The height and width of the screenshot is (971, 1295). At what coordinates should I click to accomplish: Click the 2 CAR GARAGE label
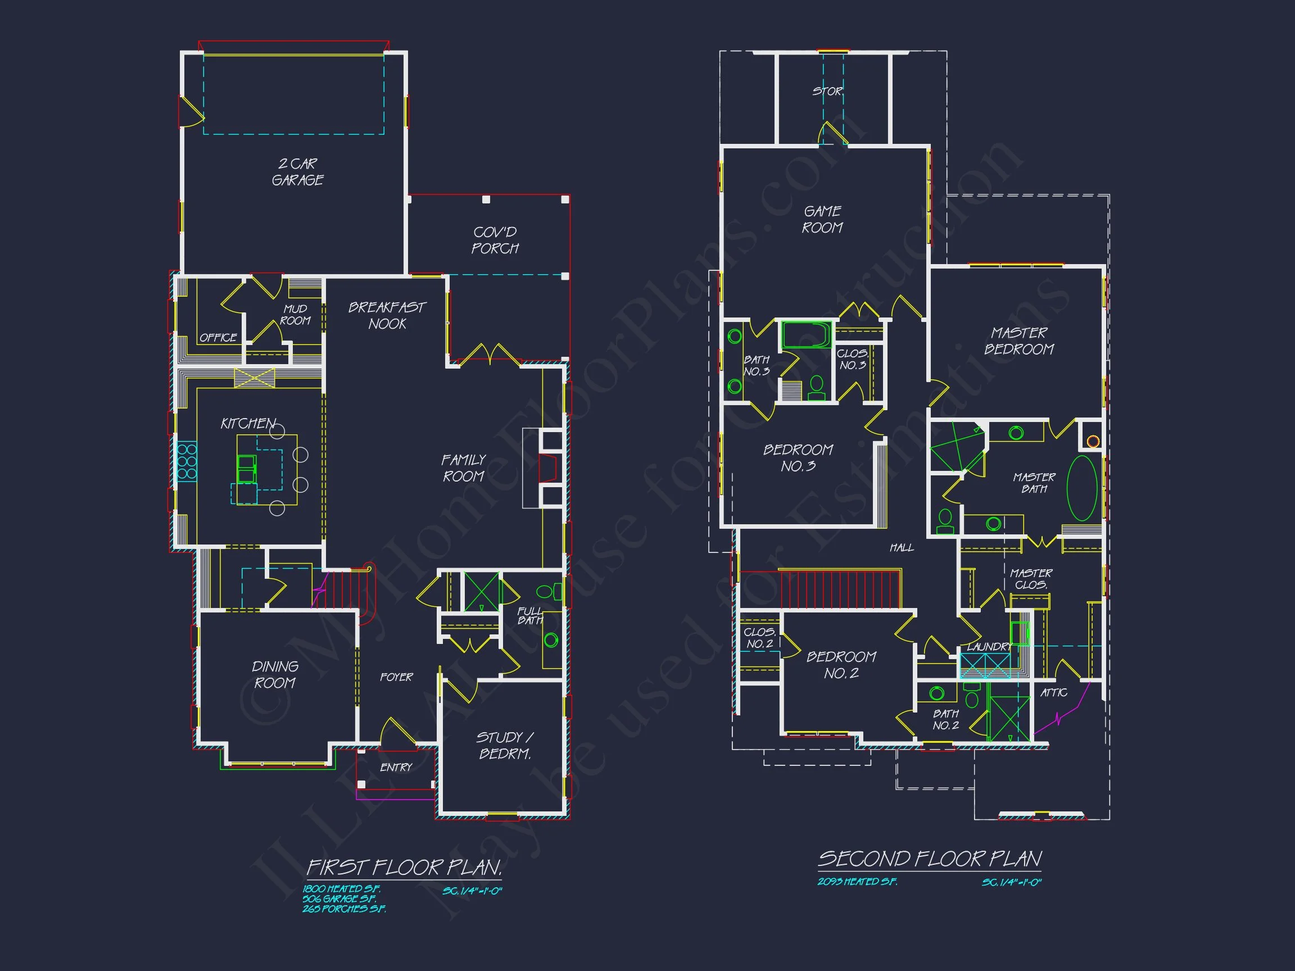(x=297, y=172)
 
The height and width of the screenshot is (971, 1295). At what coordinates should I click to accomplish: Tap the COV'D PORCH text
(x=495, y=241)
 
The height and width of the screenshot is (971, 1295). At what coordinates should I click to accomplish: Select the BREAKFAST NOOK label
(x=387, y=315)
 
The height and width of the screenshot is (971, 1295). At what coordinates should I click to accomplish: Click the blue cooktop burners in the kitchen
(x=187, y=462)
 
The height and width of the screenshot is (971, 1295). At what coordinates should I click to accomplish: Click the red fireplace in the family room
(x=548, y=468)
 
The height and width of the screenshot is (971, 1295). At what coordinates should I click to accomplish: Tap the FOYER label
(x=396, y=677)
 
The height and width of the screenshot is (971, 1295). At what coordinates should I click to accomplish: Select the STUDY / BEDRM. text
(x=505, y=746)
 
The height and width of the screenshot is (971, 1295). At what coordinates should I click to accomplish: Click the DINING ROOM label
(x=275, y=675)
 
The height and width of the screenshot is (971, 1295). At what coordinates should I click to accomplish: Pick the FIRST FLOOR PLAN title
(x=405, y=868)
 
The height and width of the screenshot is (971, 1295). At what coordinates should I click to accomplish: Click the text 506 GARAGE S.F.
(x=339, y=899)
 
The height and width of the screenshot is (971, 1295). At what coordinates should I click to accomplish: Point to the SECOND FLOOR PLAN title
(x=930, y=859)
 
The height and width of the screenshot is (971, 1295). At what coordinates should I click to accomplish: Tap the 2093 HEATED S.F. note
(x=857, y=882)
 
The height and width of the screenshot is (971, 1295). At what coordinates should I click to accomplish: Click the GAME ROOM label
(x=822, y=220)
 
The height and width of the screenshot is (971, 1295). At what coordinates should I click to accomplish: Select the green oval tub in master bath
(x=1082, y=489)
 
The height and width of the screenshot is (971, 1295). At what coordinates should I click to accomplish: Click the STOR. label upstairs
(x=828, y=91)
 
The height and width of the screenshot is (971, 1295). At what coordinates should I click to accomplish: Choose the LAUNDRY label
(x=989, y=647)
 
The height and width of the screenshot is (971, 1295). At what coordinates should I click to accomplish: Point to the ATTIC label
(x=1054, y=693)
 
